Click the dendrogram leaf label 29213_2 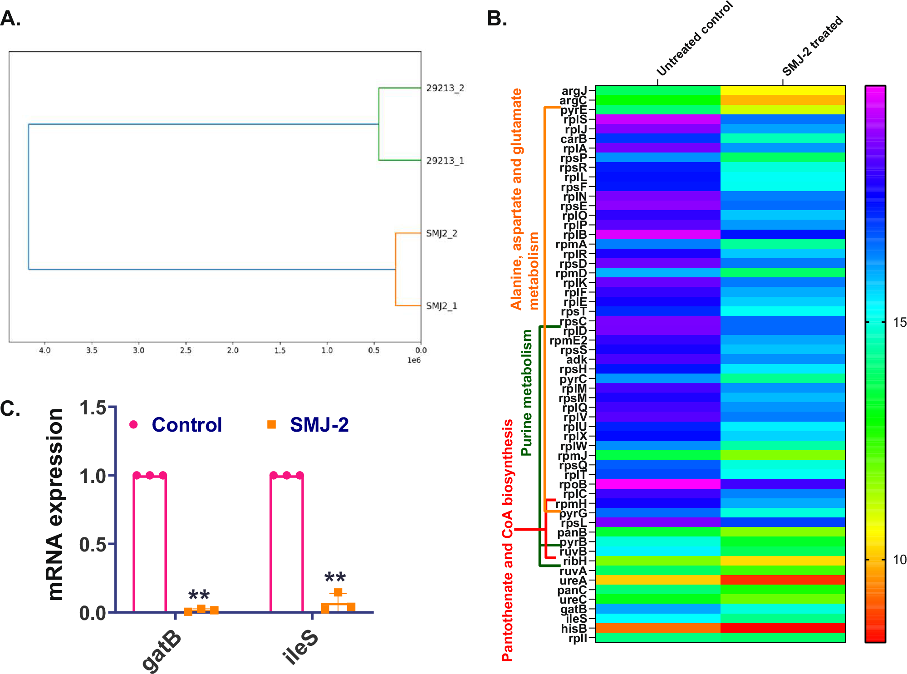pyautogui.click(x=445, y=88)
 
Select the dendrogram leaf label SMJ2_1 pyautogui.click(x=441, y=306)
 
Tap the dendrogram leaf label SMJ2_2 pyautogui.click(x=441, y=233)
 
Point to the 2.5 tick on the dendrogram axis pyautogui.click(x=186, y=350)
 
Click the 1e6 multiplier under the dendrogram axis pyautogui.click(x=413, y=360)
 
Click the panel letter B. pyautogui.click(x=496, y=19)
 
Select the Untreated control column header pyautogui.click(x=694, y=39)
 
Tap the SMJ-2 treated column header pyautogui.click(x=812, y=45)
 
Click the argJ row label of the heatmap pyautogui.click(x=574, y=91)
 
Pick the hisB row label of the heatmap pyautogui.click(x=574, y=629)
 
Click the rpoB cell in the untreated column pyautogui.click(x=657, y=484)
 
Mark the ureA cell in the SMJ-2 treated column pyautogui.click(x=783, y=580)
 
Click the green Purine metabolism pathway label pyautogui.click(x=526, y=393)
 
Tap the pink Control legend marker pyautogui.click(x=133, y=424)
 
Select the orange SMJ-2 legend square pyautogui.click(x=271, y=424)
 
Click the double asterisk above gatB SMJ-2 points pyautogui.click(x=199, y=595)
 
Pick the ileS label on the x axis pyautogui.click(x=299, y=647)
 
